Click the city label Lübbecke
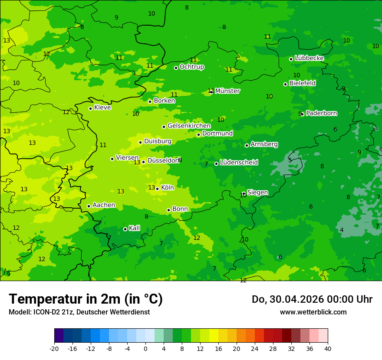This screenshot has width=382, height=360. (309, 58)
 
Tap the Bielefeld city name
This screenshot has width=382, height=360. (302, 83)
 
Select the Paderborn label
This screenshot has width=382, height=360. (321, 113)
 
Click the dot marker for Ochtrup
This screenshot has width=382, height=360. (176, 68)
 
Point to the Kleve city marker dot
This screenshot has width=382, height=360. (90, 108)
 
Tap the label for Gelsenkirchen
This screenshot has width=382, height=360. (189, 126)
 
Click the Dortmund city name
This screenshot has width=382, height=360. (217, 134)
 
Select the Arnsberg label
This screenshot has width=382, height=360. (264, 144)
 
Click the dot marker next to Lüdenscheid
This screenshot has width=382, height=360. (216, 164)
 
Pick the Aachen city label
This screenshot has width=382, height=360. (104, 205)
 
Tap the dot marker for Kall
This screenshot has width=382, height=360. (125, 229)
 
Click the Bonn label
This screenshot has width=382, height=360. (180, 209)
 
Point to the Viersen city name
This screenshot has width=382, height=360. (127, 158)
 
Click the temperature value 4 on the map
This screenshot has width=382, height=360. (342, 230)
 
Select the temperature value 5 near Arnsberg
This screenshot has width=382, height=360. (290, 160)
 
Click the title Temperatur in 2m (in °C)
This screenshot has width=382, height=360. (86, 299)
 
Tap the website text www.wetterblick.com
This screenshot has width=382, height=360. (313, 312)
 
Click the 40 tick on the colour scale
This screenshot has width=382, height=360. (328, 348)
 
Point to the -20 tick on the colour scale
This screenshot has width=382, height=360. (54, 348)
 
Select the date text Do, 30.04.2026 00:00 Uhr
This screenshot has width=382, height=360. (312, 299)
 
